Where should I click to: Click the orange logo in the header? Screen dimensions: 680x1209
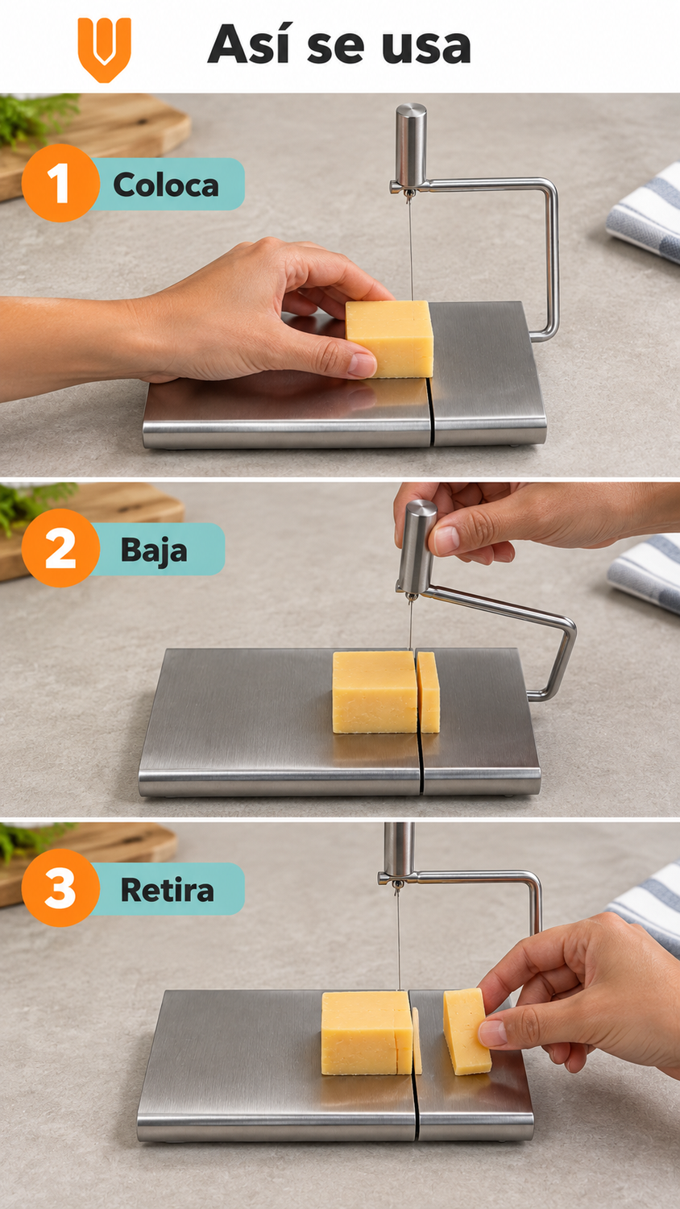104,50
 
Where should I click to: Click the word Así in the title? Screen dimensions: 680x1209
251,44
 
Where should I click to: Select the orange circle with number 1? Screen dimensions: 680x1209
60,183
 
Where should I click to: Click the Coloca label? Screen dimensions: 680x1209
166,185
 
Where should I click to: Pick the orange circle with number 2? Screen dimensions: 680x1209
60,548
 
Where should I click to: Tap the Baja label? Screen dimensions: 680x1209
154,550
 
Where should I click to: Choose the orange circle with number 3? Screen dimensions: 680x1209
60,888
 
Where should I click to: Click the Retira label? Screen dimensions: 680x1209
167,890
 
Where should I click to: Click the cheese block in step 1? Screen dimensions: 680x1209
390,339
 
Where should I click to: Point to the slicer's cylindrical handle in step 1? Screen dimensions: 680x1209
411,144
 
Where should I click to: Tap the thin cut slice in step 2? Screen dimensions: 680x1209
428,692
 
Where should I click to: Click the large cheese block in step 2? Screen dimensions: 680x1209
375,692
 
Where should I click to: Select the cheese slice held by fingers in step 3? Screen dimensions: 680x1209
466,1031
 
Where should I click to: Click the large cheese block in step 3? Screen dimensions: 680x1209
367,1032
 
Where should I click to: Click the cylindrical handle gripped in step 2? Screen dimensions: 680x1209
416,546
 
